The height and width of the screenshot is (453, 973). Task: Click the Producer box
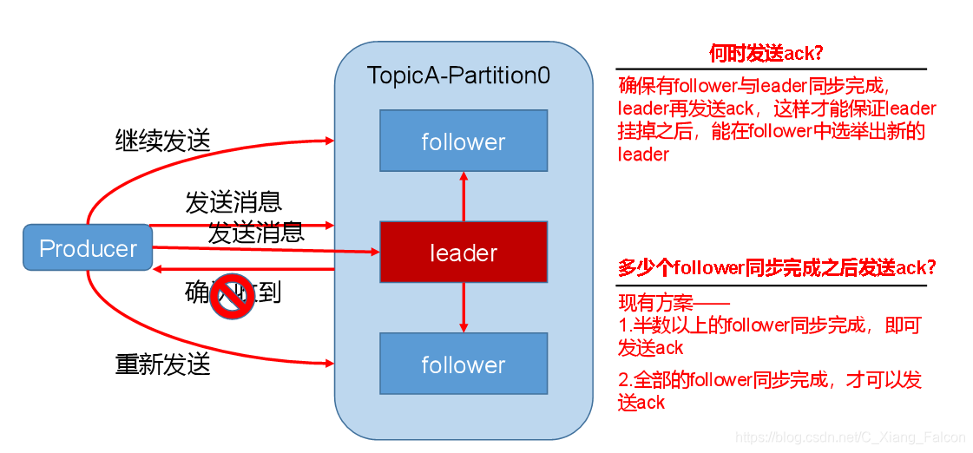pyautogui.click(x=88, y=248)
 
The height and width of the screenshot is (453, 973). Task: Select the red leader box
pyautogui.click(x=463, y=253)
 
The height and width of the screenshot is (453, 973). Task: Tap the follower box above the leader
pyautogui.click(x=463, y=141)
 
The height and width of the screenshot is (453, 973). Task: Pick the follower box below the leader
pyautogui.click(x=463, y=364)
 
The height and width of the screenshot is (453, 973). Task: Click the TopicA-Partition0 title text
pyautogui.click(x=458, y=75)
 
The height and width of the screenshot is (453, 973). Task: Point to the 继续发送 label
pyautogui.click(x=162, y=140)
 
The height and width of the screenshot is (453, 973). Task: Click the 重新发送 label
pyautogui.click(x=162, y=363)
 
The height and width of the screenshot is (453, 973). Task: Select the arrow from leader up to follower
pyautogui.click(x=463, y=195)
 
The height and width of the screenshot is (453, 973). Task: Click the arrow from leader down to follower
pyautogui.click(x=463, y=308)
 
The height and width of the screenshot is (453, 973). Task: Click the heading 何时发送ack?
pyautogui.click(x=766, y=54)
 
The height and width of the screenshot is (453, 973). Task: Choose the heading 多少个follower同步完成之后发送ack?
pyautogui.click(x=777, y=268)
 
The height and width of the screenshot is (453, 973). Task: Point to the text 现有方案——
pyautogui.click(x=674, y=305)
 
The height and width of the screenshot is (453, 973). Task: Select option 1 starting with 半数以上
pyautogui.click(x=769, y=337)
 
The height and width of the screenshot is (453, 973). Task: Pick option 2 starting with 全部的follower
pyautogui.click(x=769, y=391)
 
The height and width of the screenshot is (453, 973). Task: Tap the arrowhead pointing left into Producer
pyautogui.click(x=160, y=269)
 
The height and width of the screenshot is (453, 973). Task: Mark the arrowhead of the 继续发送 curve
pyautogui.click(x=330, y=140)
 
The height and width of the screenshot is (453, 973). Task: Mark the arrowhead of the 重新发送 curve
pyautogui.click(x=330, y=363)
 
